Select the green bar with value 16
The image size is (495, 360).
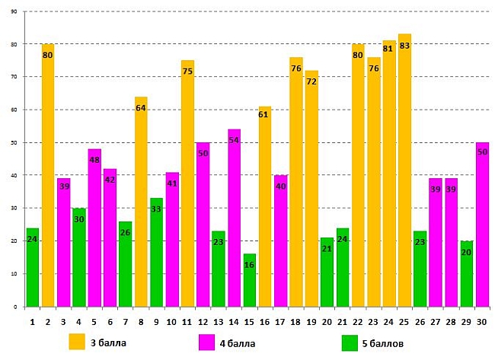tap(249, 281)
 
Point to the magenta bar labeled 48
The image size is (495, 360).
tap(94, 228)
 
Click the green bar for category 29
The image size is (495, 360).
tap(466, 274)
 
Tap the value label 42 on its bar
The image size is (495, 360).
tap(110, 180)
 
